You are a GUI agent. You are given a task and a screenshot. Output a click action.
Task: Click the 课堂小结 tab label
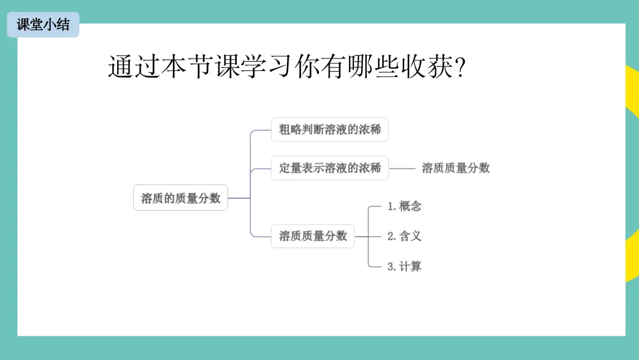(43, 25)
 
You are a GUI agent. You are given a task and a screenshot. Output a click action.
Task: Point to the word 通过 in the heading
(134, 67)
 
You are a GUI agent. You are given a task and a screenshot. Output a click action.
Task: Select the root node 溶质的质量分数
(180, 198)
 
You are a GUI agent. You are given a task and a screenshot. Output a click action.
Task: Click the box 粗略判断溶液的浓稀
(330, 129)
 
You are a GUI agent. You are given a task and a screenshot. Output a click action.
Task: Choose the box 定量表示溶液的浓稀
(330, 168)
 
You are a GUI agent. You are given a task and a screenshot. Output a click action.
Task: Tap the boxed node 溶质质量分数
(312, 236)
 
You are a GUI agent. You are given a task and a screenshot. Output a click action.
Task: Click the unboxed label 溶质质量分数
(456, 168)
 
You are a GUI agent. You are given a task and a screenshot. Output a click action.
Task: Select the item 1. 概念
(404, 206)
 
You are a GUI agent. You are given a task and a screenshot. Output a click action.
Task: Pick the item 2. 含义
(404, 236)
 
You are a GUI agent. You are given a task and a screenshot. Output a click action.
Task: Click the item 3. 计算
(404, 266)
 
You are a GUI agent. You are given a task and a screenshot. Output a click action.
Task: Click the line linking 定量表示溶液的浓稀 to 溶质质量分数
(403, 168)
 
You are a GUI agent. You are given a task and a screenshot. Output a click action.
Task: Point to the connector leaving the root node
(239, 198)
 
